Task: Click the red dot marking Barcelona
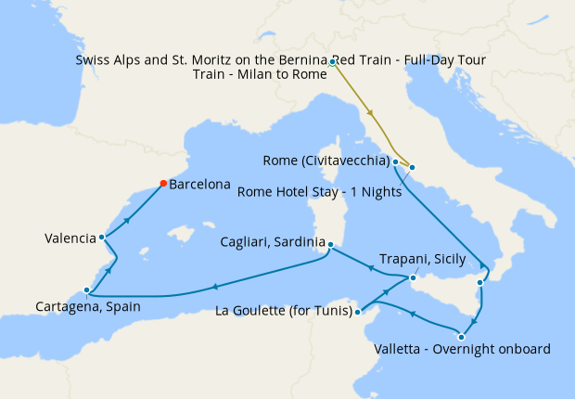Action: click(163, 183)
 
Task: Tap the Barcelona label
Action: click(199, 185)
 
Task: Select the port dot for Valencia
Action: click(101, 238)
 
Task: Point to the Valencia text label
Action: click(70, 238)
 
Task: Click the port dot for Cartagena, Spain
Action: click(86, 290)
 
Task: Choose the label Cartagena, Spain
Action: click(88, 305)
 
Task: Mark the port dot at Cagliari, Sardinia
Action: click(329, 245)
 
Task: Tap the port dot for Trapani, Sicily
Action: click(414, 277)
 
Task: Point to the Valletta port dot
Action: click(461, 336)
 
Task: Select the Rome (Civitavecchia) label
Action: click(325, 161)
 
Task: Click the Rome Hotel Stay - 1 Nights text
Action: click(319, 193)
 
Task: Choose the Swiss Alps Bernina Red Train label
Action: click(280, 60)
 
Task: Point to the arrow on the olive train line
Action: click(371, 113)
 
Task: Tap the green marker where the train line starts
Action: click(332, 63)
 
